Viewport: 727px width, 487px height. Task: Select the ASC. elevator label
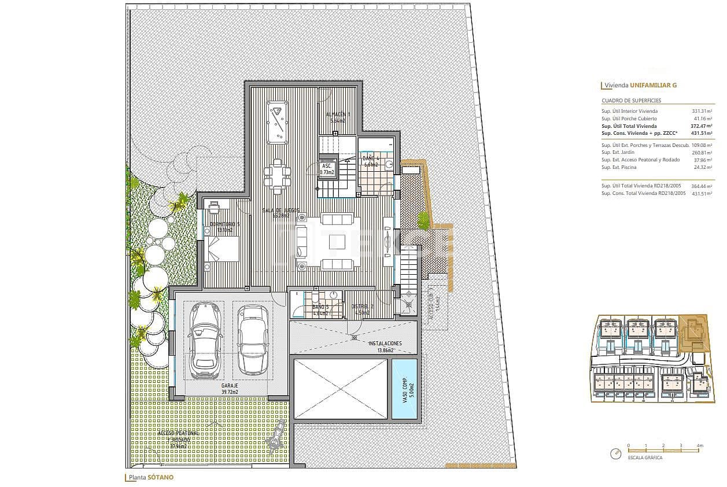pyautogui.click(x=327, y=168)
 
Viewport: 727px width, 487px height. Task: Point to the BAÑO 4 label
pyautogui.click(x=371, y=161)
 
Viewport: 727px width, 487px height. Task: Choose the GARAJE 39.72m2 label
pyautogui.click(x=230, y=388)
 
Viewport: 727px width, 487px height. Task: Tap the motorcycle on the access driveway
pyautogui.click(x=276, y=436)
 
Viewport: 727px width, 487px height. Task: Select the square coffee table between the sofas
pyautogui.click(x=337, y=242)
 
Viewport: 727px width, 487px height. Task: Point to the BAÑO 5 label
pyautogui.click(x=320, y=310)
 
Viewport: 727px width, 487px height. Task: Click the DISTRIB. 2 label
pyautogui.click(x=363, y=310)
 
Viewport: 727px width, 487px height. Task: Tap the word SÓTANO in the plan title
pyautogui.click(x=160, y=478)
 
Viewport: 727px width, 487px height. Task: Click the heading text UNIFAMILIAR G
pyautogui.click(x=654, y=85)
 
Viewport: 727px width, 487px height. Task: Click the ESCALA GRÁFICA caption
pyautogui.click(x=644, y=458)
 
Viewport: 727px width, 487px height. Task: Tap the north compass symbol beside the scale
pyautogui.click(x=614, y=454)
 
